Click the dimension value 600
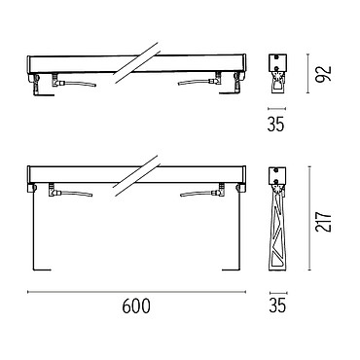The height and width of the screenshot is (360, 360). click(136, 306)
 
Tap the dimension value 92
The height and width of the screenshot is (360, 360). click(324, 74)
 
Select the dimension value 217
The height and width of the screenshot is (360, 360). click(324, 222)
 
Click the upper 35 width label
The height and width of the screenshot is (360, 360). click(275, 124)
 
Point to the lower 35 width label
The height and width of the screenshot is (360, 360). click(277, 306)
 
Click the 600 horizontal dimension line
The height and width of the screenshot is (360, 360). click(136, 292)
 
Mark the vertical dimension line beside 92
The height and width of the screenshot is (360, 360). click(307, 74)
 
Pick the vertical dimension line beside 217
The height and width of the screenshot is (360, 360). click(309, 218)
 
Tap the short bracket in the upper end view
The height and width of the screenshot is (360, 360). click(276, 83)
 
